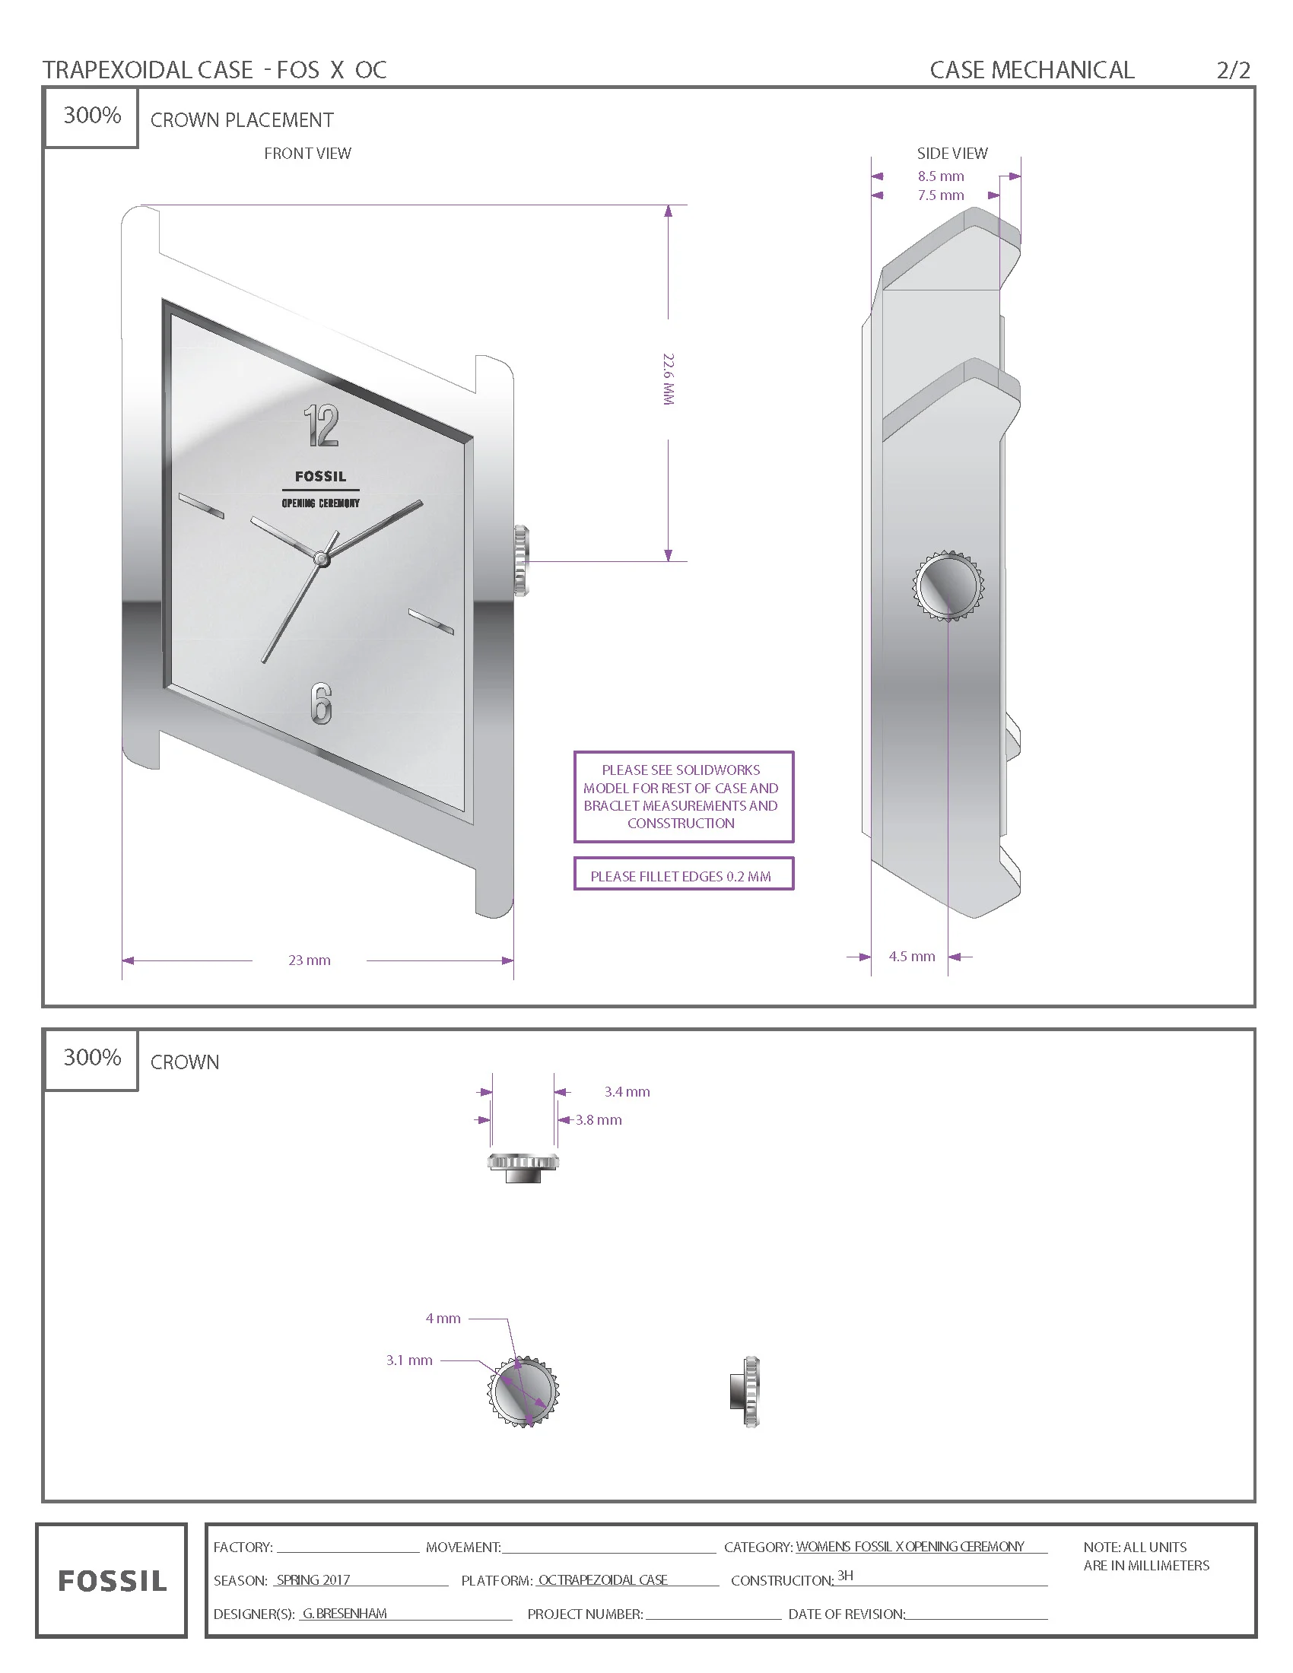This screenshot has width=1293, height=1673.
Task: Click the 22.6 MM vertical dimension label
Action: pos(668,379)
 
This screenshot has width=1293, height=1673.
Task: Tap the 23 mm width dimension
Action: pos(310,960)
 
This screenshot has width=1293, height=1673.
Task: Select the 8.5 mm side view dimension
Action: pos(941,176)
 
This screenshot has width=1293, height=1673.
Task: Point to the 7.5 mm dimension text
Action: pos(941,195)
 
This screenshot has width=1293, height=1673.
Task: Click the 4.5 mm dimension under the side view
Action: pos(911,956)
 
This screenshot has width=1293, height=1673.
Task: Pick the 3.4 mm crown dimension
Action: pos(627,1091)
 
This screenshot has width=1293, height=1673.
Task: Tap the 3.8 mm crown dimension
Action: pos(599,1120)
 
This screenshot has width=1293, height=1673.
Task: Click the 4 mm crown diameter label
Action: pos(443,1319)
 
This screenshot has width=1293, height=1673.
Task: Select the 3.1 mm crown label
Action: pos(409,1360)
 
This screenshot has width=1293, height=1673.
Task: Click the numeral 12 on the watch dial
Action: pos(321,426)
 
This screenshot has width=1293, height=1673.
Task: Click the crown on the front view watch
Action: pos(521,560)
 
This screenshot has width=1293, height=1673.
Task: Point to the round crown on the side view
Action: pos(948,586)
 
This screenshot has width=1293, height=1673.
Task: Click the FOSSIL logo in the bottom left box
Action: pos(112,1580)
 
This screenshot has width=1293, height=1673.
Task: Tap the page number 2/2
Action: pos(1233,71)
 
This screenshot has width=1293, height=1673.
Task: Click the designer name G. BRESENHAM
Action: pos(344,1613)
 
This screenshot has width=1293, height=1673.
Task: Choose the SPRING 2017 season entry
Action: pos(313,1579)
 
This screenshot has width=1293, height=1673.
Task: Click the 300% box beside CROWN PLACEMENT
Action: pos(92,116)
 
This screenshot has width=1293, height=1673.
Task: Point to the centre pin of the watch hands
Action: pos(322,560)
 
